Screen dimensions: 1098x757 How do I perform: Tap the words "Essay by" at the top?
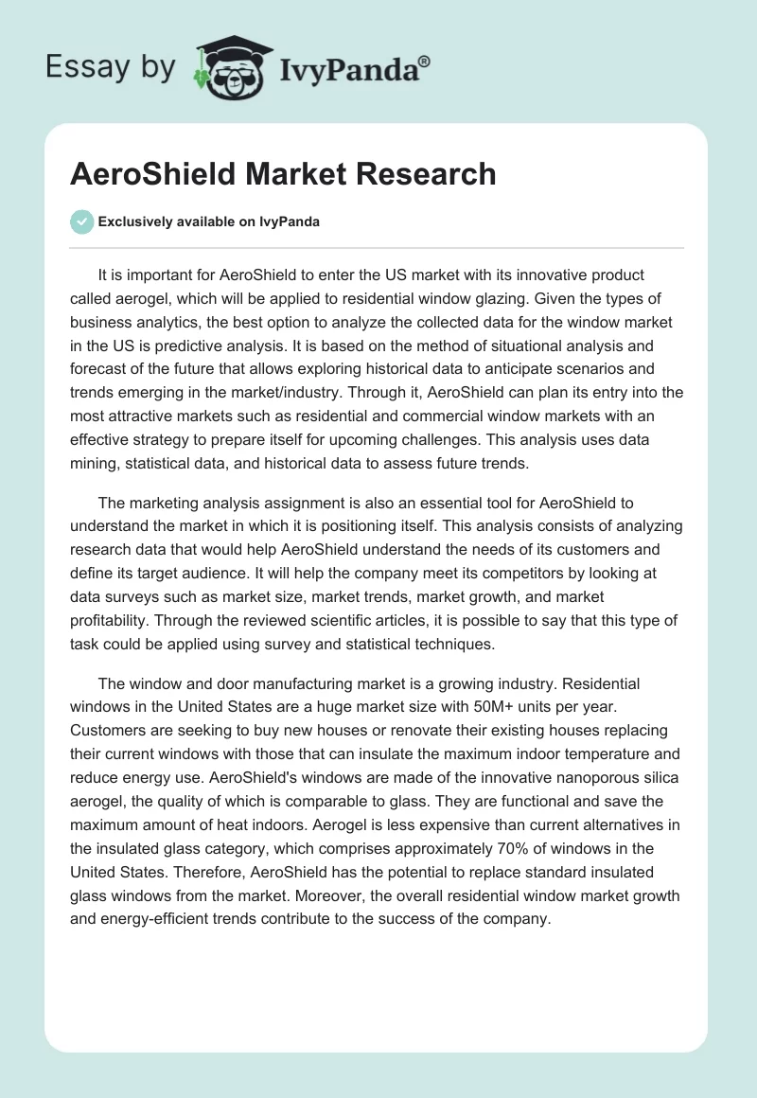(x=112, y=66)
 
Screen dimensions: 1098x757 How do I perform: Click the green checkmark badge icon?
(x=81, y=221)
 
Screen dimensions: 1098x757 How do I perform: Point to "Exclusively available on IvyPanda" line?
(x=208, y=221)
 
